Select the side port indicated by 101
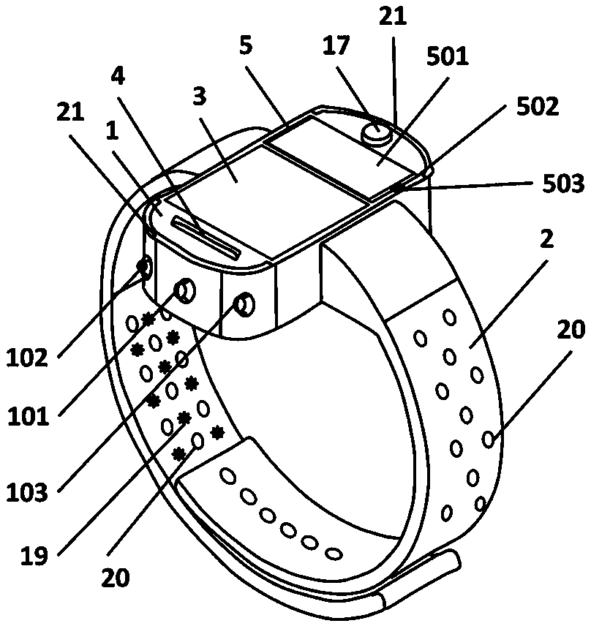pyautogui.click(x=186, y=292)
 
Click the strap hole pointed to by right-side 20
pyautogui.click(x=488, y=440)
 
